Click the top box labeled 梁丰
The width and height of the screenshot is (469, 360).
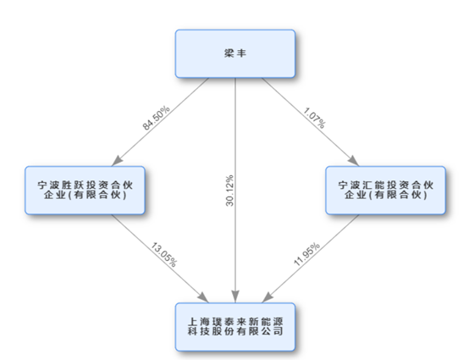pyautogui.click(x=235, y=53)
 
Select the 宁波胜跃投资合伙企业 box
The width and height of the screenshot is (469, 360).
pyautogui.click(x=85, y=191)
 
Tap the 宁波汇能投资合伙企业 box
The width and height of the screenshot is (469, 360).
pyautogui.click(x=385, y=191)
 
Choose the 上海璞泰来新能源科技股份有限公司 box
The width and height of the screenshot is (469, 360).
pyautogui.click(x=235, y=327)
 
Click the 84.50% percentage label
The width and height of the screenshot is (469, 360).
pyautogui.click(x=156, y=118)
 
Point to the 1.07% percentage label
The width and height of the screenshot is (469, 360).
pyautogui.click(x=314, y=119)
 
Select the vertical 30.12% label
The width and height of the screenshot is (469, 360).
pyautogui.click(x=229, y=191)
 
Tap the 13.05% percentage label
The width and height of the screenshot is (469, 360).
pyautogui.click(x=164, y=255)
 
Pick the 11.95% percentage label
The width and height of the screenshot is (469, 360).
pyautogui.click(x=306, y=255)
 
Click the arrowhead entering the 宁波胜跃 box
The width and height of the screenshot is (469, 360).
pyautogui.click(x=117, y=161)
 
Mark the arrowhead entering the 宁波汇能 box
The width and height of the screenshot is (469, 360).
pyautogui.click(x=354, y=161)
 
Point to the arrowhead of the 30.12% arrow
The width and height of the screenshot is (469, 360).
pyautogui.click(x=235, y=296)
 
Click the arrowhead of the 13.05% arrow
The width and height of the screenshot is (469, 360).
pyautogui.click(x=203, y=297)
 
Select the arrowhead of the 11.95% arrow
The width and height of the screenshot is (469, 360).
pyautogui.click(x=268, y=297)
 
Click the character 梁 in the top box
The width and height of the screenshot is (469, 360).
pyautogui.click(x=229, y=53)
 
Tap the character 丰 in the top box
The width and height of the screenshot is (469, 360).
pyautogui.click(x=241, y=53)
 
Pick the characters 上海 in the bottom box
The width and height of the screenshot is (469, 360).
pyautogui.click(x=199, y=322)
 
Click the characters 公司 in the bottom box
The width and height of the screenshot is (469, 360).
pyautogui.click(x=273, y=331)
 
